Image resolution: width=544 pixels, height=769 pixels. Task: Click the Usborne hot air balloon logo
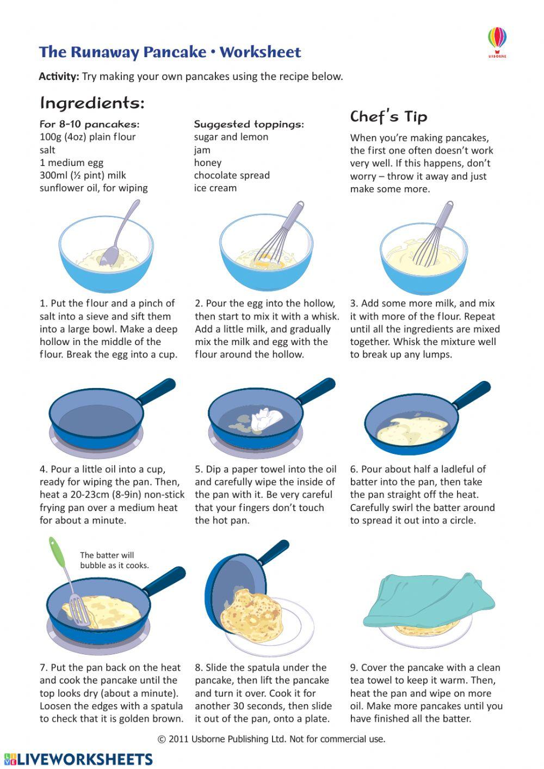click(x=497, y=41)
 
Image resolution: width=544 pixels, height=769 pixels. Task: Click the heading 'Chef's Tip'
click(x=388, y=116)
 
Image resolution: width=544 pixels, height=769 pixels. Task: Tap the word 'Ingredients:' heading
click(x=92, y=102)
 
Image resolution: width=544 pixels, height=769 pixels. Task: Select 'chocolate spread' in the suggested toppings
click(x=232, y=175)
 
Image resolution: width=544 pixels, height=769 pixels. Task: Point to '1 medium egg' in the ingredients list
click(x=71, y=162)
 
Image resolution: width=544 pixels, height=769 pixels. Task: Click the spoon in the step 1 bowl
click(x=117, y=239)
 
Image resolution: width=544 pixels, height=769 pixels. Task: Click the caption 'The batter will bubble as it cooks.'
click(x=114, y=560)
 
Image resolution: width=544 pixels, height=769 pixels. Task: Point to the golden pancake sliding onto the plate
click(x=252, y=614)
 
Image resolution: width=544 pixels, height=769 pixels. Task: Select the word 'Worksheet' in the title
click(x=260, y=52)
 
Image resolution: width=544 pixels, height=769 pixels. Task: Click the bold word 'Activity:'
click(x=59, y=76)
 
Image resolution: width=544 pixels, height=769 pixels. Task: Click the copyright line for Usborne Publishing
click(x=271, y=739)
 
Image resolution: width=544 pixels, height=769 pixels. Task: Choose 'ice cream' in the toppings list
click(x=215, y=188)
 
